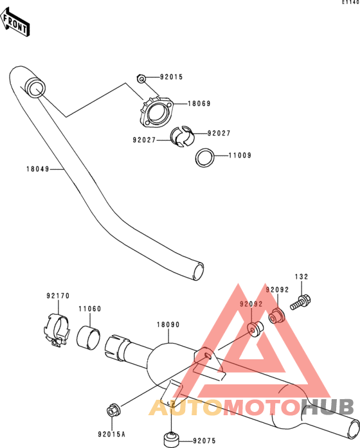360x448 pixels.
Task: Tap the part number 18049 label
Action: coord(38,169)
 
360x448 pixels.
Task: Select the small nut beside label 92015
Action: coord(141,78)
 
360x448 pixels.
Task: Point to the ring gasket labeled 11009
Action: coord(205,157)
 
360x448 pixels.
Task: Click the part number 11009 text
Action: coord(240,156)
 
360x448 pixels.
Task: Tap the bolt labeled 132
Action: coord(301,302)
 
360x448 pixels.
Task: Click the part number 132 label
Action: coord(301,277)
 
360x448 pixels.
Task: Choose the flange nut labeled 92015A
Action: coord(113,411)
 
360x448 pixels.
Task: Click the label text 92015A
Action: coord(111,435)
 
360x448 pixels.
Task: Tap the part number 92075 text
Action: coord(204,441)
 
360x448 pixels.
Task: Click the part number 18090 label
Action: coord(168,325)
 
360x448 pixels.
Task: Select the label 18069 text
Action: coord(199,103)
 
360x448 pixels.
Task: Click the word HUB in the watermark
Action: coord(328,407)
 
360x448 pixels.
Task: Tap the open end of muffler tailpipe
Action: coord(353,427)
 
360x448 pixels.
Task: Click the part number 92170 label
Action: coord(58,296)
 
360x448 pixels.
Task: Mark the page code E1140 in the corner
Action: coord(351,3)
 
